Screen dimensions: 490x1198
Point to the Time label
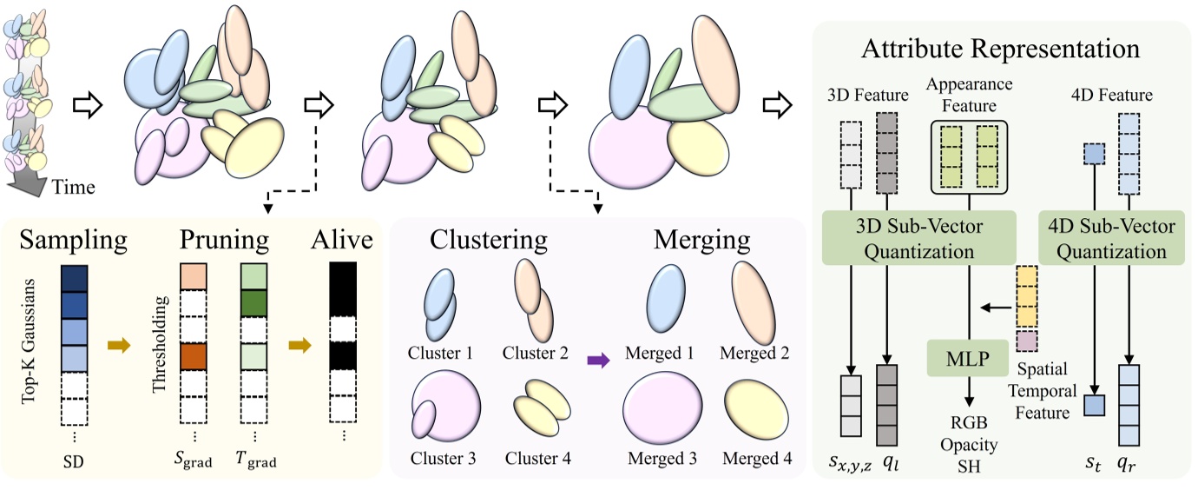73,185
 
